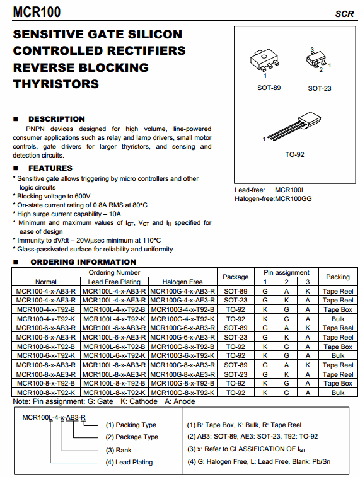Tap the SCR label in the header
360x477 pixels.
(344, 14)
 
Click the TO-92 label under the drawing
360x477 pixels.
(294, 154)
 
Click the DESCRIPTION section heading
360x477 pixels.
(56, 118)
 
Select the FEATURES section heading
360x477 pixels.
(50, 168)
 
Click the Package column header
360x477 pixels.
(236, 277)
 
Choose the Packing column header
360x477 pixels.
(338, 277)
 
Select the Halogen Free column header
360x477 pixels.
(183, 282)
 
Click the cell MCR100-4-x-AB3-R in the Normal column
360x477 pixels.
(46, 291)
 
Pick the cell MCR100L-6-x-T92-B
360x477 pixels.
(114, 347)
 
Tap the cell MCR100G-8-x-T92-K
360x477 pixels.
(183, 393)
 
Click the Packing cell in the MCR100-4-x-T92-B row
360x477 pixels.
(338, 309)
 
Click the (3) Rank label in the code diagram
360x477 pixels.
(119, 450)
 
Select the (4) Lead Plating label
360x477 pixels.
(129, 462)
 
